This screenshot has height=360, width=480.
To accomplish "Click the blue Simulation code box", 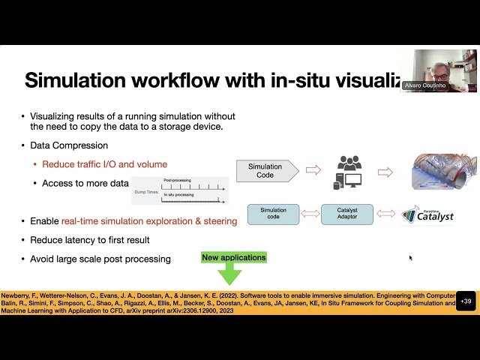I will [x=273, y=214].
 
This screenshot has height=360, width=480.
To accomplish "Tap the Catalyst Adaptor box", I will [x=346, y=214].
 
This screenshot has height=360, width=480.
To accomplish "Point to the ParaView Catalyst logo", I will [x=428, y=215].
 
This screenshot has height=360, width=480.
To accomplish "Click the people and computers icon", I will [x=349, y=172].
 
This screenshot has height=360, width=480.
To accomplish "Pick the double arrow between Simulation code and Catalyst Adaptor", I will [x=310, y=214].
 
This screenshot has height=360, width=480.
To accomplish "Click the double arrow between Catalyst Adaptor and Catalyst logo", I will [x=385, y=214].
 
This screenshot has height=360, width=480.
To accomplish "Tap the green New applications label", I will [x=234, y=257].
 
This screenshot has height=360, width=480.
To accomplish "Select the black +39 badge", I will [x=466, y=301].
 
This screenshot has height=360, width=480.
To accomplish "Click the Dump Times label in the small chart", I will [x=145, y=191].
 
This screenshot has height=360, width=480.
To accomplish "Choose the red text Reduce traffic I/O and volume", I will [x=104, y=164].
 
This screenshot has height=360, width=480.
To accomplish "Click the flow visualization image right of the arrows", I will [x=443, y=170].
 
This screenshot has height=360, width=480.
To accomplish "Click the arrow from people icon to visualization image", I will [x=385, y=172].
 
